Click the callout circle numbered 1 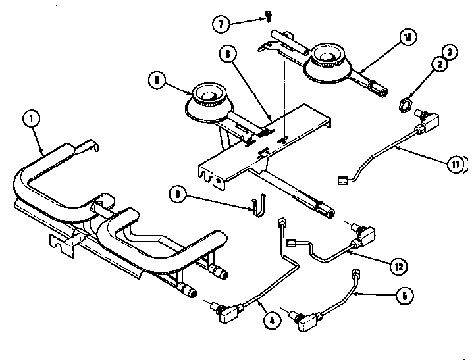click(x=30, y=120)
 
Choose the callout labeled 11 click(x=454, y=165)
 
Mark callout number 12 click(x=396, y=267)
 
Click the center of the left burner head click(x=209, y=99)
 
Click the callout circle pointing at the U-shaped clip click(x=176, y=193)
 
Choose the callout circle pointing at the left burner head click(x=157, y=80)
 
